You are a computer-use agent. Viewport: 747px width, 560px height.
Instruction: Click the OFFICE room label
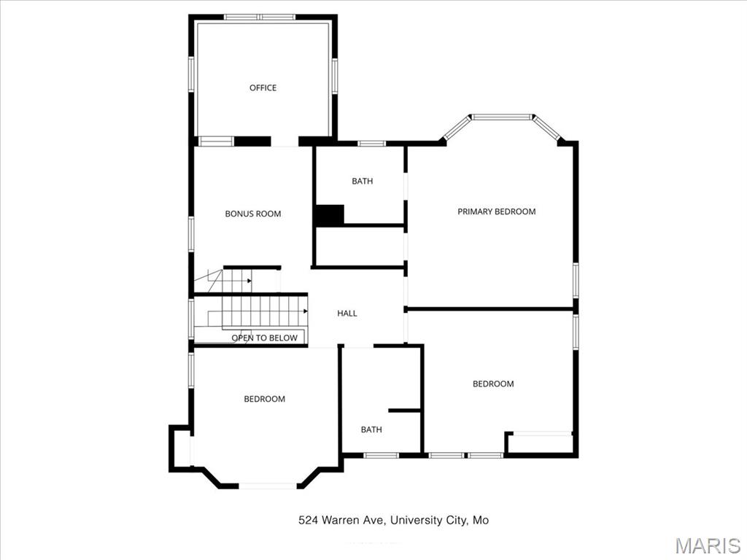pos(263,87)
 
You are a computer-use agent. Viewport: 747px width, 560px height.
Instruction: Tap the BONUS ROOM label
pos(252,214)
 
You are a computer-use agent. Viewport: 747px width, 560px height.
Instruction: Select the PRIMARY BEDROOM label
pos(496,211)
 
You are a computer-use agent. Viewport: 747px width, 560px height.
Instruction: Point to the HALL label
pos(347,313)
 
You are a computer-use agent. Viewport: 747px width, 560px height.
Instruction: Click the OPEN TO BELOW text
pos(264,338)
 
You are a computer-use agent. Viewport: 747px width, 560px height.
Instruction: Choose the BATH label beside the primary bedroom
pos(362,181)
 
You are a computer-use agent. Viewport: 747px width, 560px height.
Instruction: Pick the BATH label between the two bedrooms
pos(371,429)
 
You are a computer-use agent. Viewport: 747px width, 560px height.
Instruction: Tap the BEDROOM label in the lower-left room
pos(264,399)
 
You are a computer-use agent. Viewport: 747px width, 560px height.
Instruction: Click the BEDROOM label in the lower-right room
pos(493,384)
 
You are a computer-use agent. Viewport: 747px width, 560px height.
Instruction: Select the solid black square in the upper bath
pos(329,215)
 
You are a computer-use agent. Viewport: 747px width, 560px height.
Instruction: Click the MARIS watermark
pos(707,545)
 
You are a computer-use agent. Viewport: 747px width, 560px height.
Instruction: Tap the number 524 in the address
pos(307,520)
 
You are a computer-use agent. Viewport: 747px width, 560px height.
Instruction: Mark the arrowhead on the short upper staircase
pos(249,280)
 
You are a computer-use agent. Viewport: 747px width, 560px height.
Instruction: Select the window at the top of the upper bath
pos(371,143)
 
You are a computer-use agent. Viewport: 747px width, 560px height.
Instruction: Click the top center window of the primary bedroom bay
pos(501,117)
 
